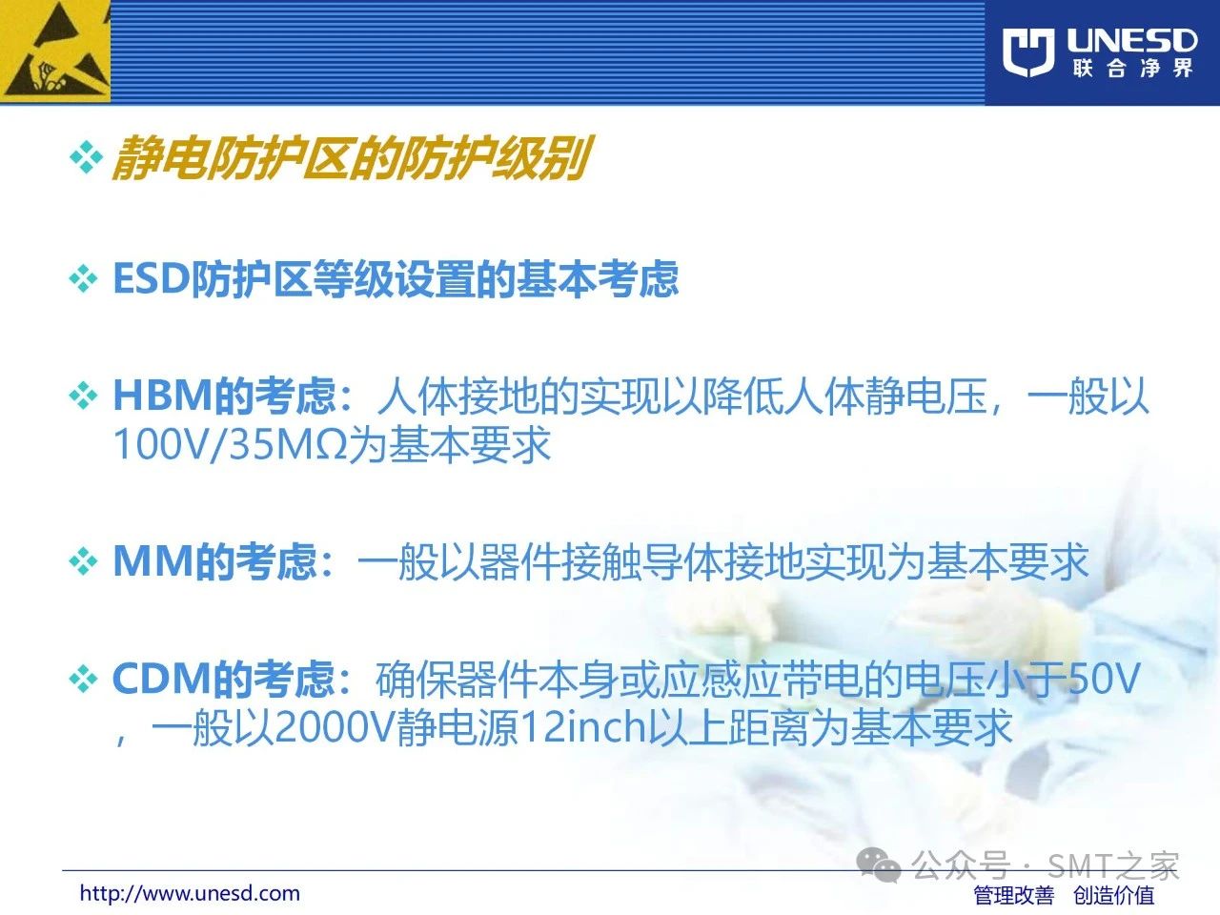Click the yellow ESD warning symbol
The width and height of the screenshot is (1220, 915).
click(x=55, y=51)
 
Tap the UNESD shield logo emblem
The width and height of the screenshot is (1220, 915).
click(x=1028, y=52)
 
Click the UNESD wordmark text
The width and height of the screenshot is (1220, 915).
click(x=1131, y=41)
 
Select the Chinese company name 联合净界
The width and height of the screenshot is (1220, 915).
click(x=1132, y=69)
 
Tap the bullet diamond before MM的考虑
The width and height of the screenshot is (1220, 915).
click(x=84, y=561)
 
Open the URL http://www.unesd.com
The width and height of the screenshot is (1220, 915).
click(x=190, y=893)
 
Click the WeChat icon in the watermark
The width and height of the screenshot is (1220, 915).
click(x=878, y=864)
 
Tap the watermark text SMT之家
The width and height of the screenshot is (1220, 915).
click(x=1113, y=864)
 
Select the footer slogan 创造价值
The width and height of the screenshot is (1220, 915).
click(x=1114, y=895)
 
